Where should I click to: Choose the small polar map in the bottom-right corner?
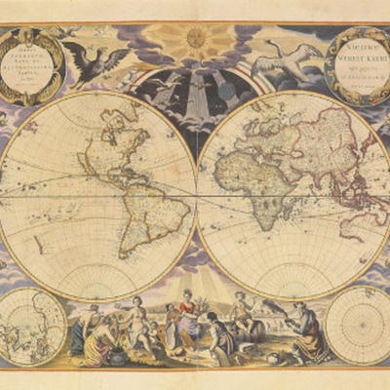click(x=358, y=324)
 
